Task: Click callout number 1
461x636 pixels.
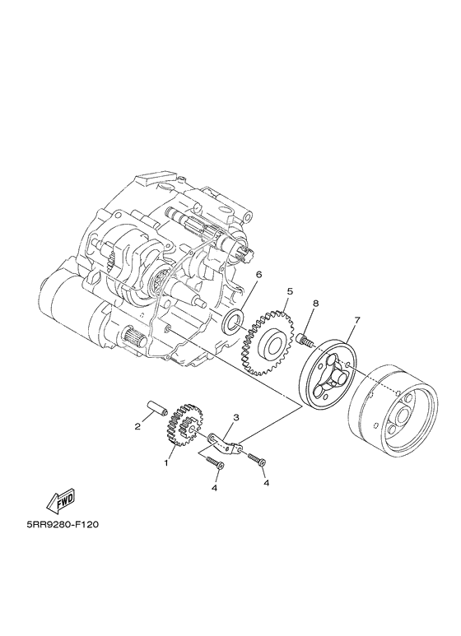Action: click(x=166, y=463)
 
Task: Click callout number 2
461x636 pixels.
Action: click(x=137, y=426)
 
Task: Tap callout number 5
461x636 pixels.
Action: click(x=290, y=291)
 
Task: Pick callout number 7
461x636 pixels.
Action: click(x=357, y=319)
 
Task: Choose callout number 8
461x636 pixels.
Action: click(x=314, y=304)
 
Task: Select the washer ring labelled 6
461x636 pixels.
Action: click(x=235, y=322)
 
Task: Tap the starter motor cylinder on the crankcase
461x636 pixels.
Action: click(x=70, y=309)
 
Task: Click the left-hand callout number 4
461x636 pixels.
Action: click(x=214, y=487)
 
